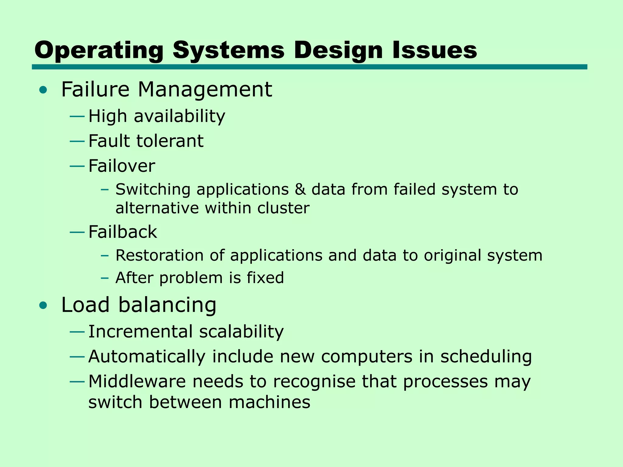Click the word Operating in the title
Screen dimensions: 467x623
tap(99, 50)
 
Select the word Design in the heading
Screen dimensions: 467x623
tap(338, 50)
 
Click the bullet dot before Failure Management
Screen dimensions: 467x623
tap(43, 90)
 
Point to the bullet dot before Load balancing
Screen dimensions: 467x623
tap(43, 305)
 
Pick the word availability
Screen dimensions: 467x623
tap(179, 116)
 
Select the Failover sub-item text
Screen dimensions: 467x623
tap(122, 166)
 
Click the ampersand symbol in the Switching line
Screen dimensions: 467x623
tap(300, 189)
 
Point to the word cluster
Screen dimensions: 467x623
tap(283, 208)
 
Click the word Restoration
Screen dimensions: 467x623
tap(160, 255)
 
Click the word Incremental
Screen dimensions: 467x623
tap(140, 331)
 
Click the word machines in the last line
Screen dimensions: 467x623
tap(269, 402)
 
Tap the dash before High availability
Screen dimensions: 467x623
tap(77, 116)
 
